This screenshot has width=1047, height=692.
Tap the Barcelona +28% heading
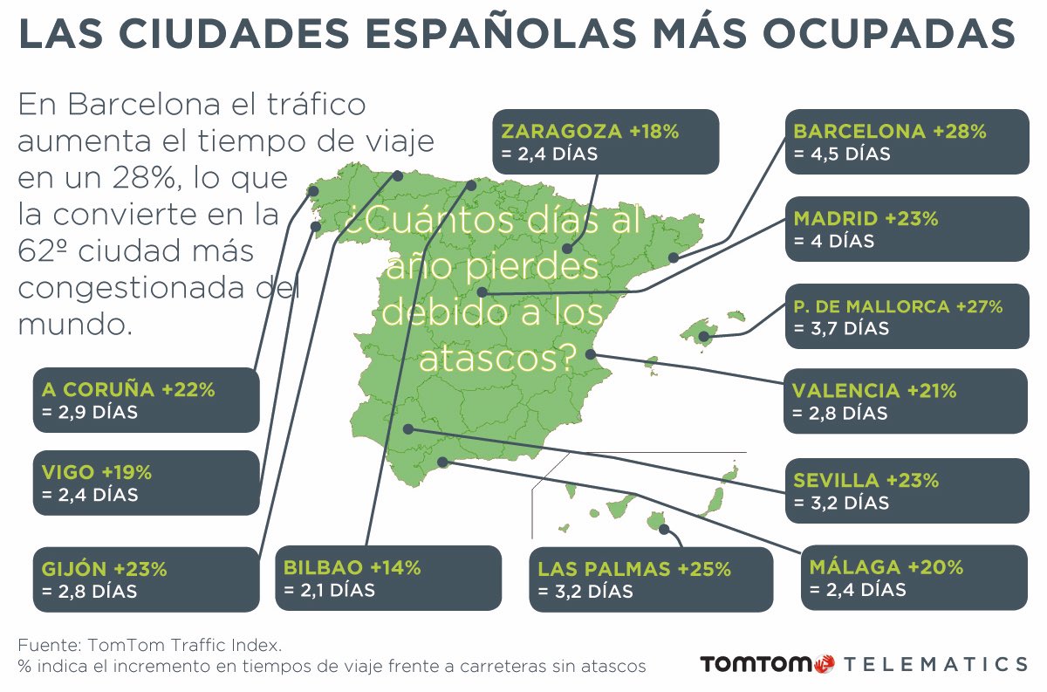coord(889,132)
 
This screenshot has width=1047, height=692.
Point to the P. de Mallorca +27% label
coord(898,306)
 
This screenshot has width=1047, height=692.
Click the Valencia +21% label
coord(874,390)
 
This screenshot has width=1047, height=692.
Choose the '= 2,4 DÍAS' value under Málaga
coord(858,590)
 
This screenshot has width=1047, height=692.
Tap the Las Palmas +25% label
coord(634,569)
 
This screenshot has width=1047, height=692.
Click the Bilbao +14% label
coord(352,567)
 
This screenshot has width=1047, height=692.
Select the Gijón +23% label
coord(104,569)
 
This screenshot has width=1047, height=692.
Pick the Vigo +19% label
coord(97,472)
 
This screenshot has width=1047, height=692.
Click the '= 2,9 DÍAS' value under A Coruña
coord(89,412)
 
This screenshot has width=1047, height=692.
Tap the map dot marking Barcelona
coord(674,257)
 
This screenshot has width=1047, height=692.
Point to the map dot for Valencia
coord(591,354)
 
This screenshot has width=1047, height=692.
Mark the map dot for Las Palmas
coord(664,529)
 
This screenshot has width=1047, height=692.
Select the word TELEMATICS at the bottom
coord(936,664)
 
